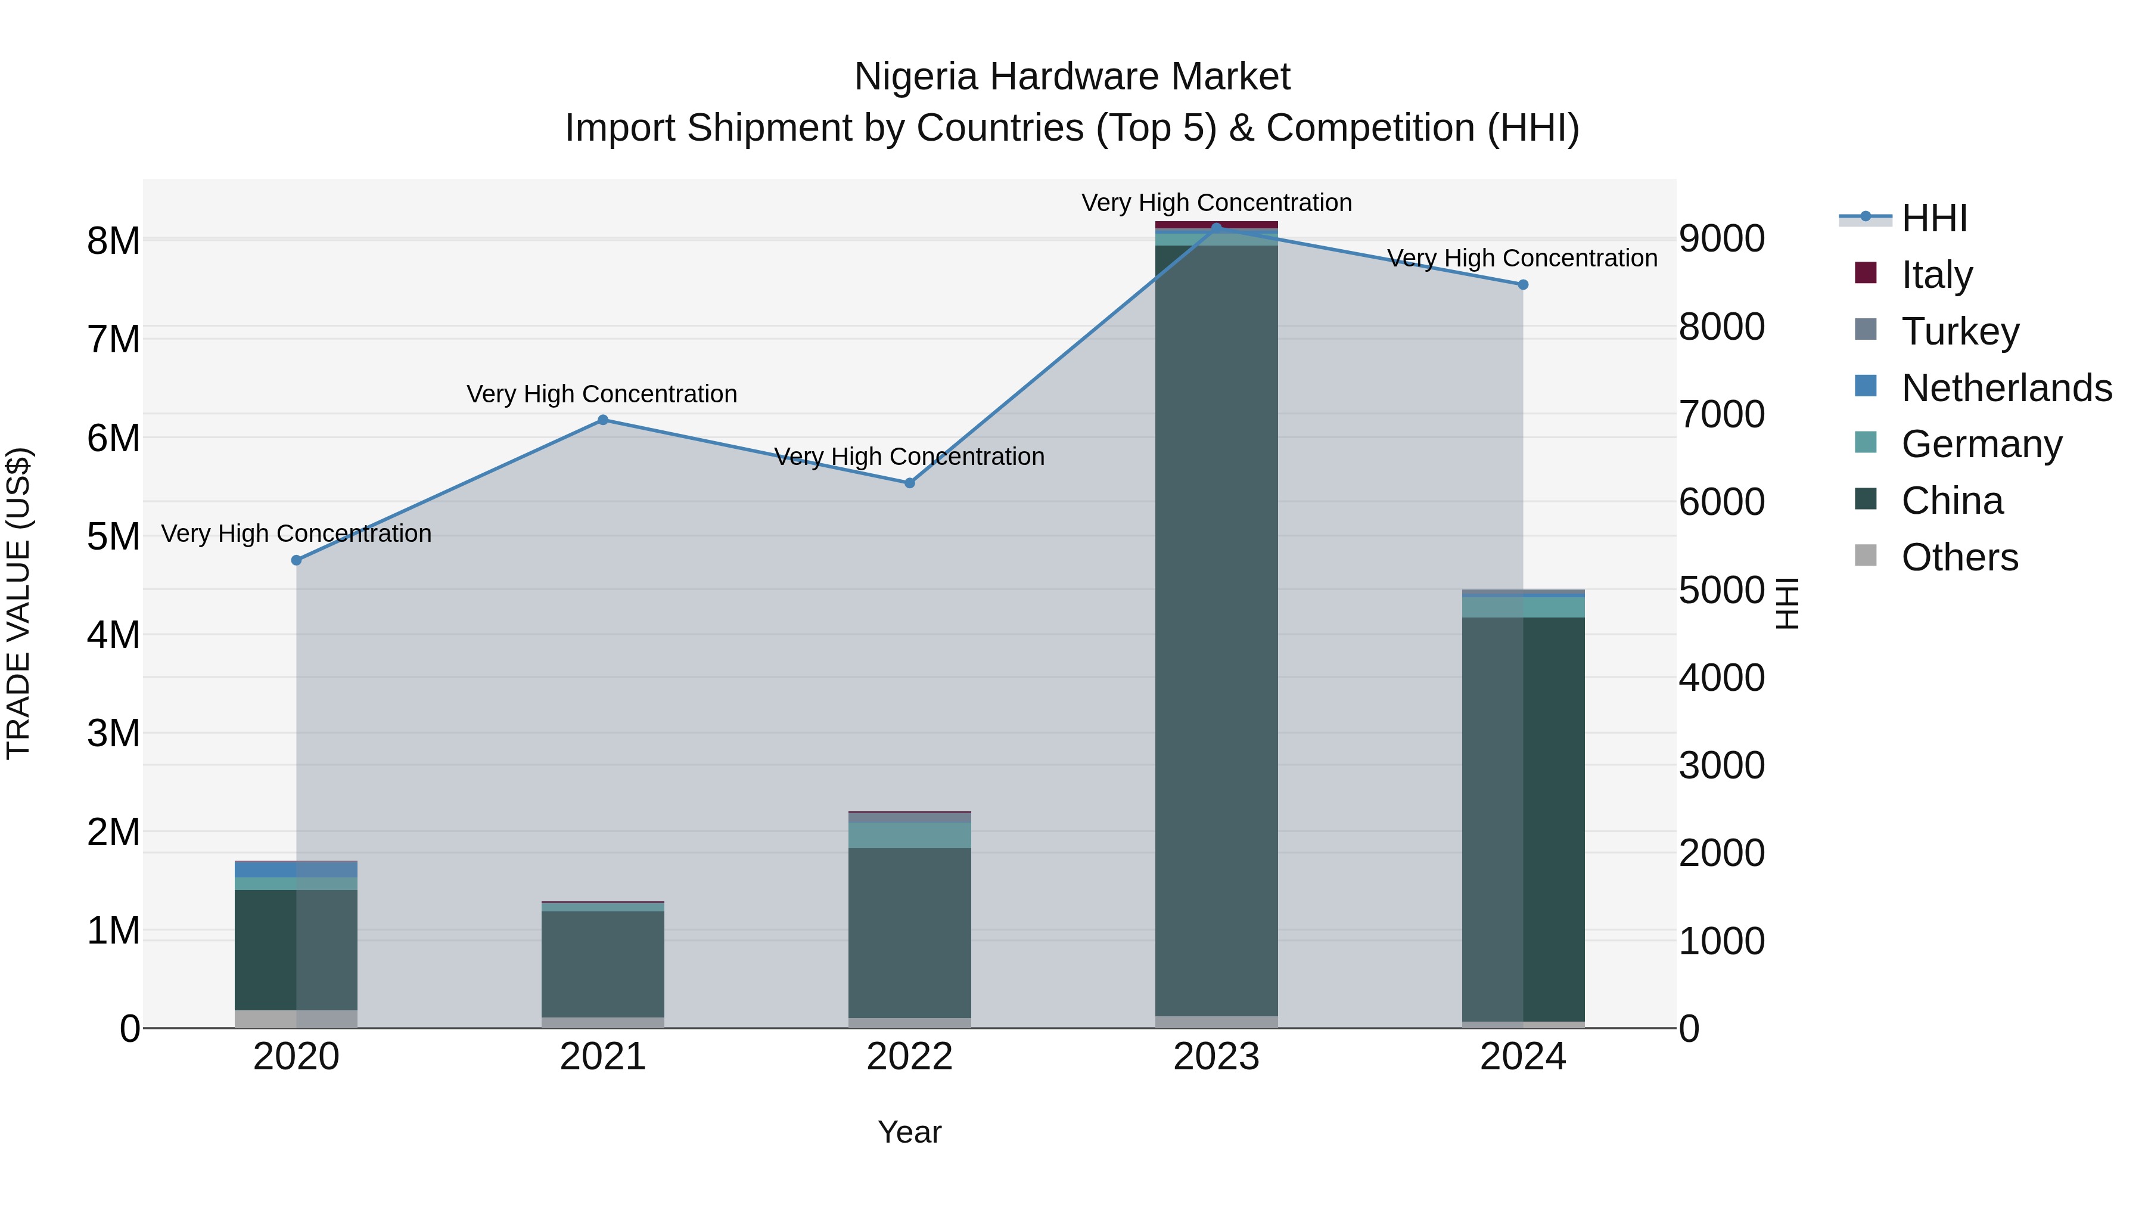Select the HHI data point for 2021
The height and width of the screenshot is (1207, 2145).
click(x=603, y=420)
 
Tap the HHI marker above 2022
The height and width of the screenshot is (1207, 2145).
click(x=909, y=483)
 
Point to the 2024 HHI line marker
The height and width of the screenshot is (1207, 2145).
click(x=1523, y=285)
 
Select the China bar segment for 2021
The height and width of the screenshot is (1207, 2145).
click(x=603, y=964)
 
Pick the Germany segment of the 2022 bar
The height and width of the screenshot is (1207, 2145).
click(x=909, y=836)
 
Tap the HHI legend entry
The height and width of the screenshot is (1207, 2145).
click(x=1933, y=218)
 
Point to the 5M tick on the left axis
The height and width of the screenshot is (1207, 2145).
click(x=113, y=536)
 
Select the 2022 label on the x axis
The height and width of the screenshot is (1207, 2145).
click(x=909, y=1057)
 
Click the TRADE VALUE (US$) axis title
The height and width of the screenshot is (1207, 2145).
click(x=19, y=603)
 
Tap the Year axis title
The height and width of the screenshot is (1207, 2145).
click(x=909, y=1132)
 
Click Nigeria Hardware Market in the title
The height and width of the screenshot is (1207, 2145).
click(x=1072, y=77)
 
